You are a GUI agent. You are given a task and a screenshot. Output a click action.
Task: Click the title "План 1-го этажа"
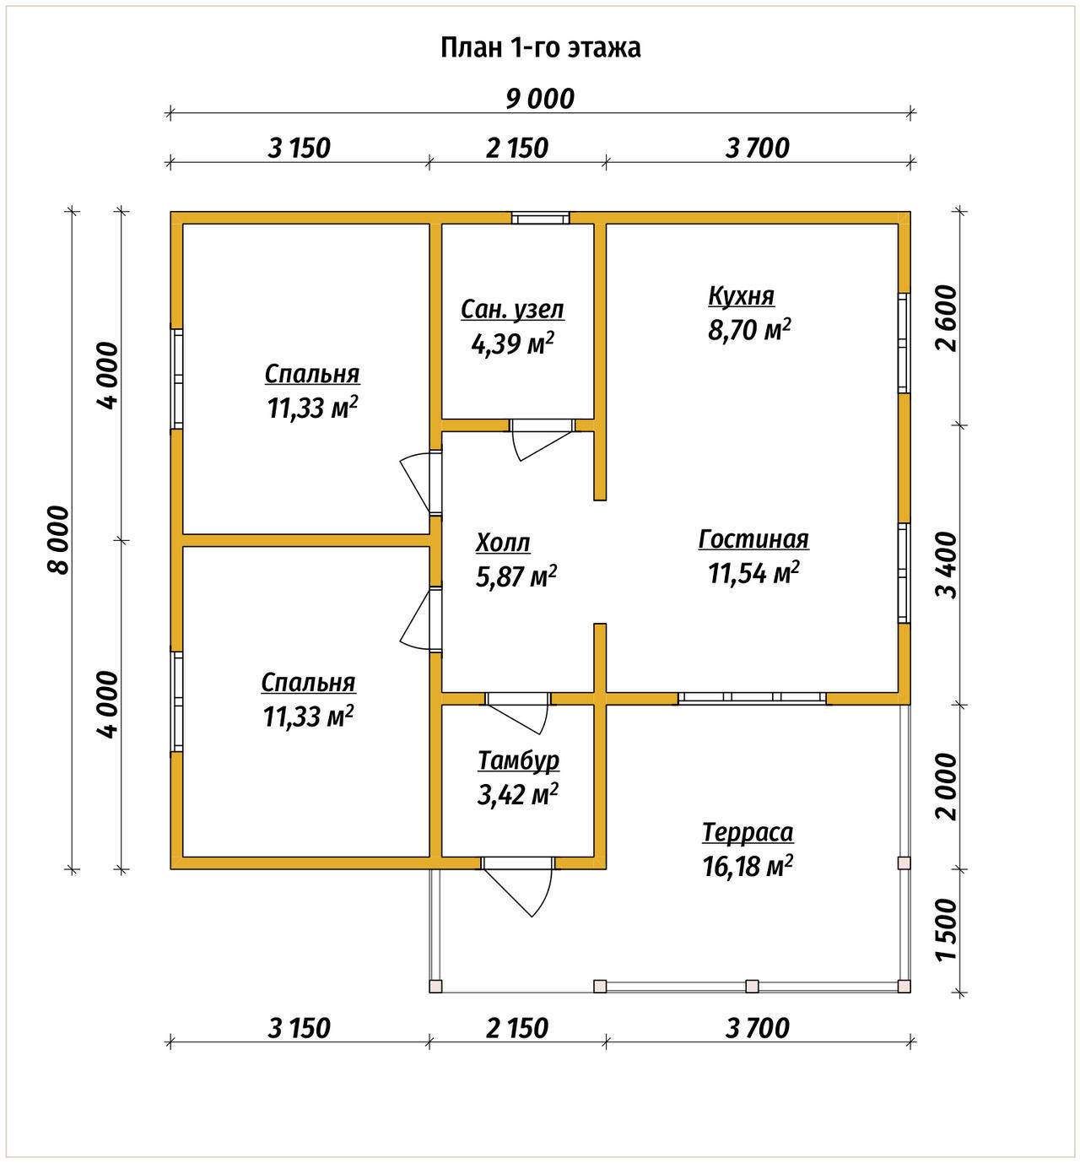coord(540,48)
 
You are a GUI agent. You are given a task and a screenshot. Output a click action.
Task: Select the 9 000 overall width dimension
coord(540,99)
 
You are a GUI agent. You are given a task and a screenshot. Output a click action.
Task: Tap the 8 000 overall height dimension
coord(59,540)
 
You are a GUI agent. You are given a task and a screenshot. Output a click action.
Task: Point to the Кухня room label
coord(741,296)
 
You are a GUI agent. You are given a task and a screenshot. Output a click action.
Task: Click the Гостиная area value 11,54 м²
coord(753,573)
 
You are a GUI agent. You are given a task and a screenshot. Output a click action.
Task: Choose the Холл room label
coord(503,543)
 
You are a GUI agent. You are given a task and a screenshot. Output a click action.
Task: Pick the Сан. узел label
coord(512,310)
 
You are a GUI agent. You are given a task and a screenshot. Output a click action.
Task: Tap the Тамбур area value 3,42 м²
coord(517,794)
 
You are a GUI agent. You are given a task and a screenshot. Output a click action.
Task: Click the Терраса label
coord(748,832)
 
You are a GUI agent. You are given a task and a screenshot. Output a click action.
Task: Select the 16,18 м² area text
coord(748,866)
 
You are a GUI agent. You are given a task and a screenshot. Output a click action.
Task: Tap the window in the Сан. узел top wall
coord(540,218)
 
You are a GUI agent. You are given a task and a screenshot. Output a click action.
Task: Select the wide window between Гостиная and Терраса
coord(752,697)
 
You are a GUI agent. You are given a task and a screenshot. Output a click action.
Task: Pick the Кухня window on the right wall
coord(904,343)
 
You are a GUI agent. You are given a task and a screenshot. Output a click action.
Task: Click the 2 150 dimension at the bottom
coord(516,1028)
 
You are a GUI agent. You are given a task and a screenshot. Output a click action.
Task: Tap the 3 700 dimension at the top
coord(758,149)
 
